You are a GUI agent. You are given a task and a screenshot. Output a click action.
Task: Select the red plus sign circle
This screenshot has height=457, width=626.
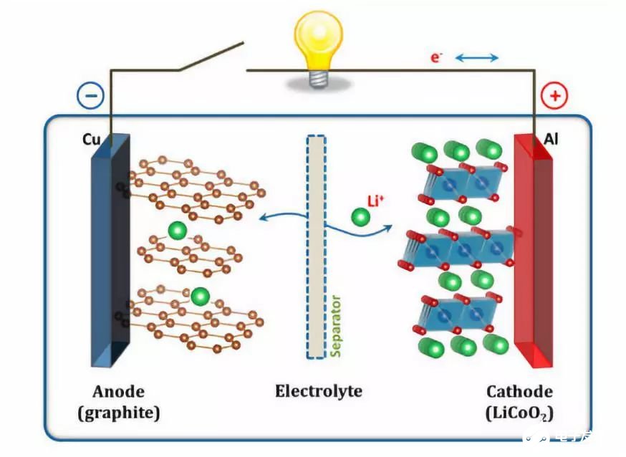(x=554, y=96)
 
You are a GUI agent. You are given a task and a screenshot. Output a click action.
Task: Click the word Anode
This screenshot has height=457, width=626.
(x=119, y=392)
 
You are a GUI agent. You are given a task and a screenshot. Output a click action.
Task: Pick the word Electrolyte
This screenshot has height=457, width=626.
(x=318, y=392)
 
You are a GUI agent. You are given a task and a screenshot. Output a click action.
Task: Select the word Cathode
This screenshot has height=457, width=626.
(x=519, y=392)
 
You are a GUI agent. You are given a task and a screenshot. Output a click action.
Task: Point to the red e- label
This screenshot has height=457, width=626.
(x=435, y=57)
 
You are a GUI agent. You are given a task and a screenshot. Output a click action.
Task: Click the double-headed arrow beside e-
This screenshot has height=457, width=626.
(x=476, y=57)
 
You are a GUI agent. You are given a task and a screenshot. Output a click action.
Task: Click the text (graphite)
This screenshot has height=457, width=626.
(x=119, y=413)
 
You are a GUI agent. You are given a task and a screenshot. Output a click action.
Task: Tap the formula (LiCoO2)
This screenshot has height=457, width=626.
(x=519, y=414)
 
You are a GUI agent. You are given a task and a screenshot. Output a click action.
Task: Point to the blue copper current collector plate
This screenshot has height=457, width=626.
(x=110, y=251)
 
